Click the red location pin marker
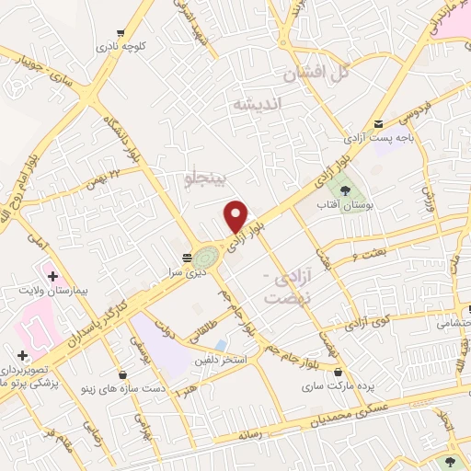click(x=236, y=216)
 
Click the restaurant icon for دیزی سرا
click(x=188, y=258)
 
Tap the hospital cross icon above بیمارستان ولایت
click(x=52, y=275)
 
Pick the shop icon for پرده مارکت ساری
click(x=341, y=372)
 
